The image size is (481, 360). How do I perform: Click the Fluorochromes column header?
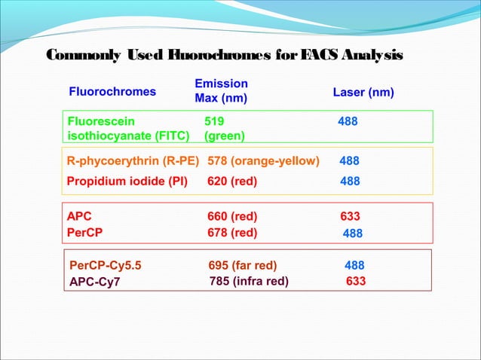tap(112, 92)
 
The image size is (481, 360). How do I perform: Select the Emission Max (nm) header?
tap(221, 91)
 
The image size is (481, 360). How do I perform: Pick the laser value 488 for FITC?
tap(348, 120)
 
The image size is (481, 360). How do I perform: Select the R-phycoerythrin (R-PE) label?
tap(133, 160)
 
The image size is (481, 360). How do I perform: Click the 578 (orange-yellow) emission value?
tap(263, 160)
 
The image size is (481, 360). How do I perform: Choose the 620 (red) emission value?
tap(232, 182)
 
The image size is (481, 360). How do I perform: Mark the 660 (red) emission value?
tap(232, 217)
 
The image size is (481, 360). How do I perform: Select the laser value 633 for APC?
tap(351, 217)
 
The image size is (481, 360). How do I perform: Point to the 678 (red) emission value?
tap(232, 233)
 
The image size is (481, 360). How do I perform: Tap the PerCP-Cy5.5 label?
tap(105, 265)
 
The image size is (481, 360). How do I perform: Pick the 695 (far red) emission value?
tap(243, 265)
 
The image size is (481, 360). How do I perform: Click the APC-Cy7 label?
tap(95, 282)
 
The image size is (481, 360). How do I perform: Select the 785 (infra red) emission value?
tap(248, 282)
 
